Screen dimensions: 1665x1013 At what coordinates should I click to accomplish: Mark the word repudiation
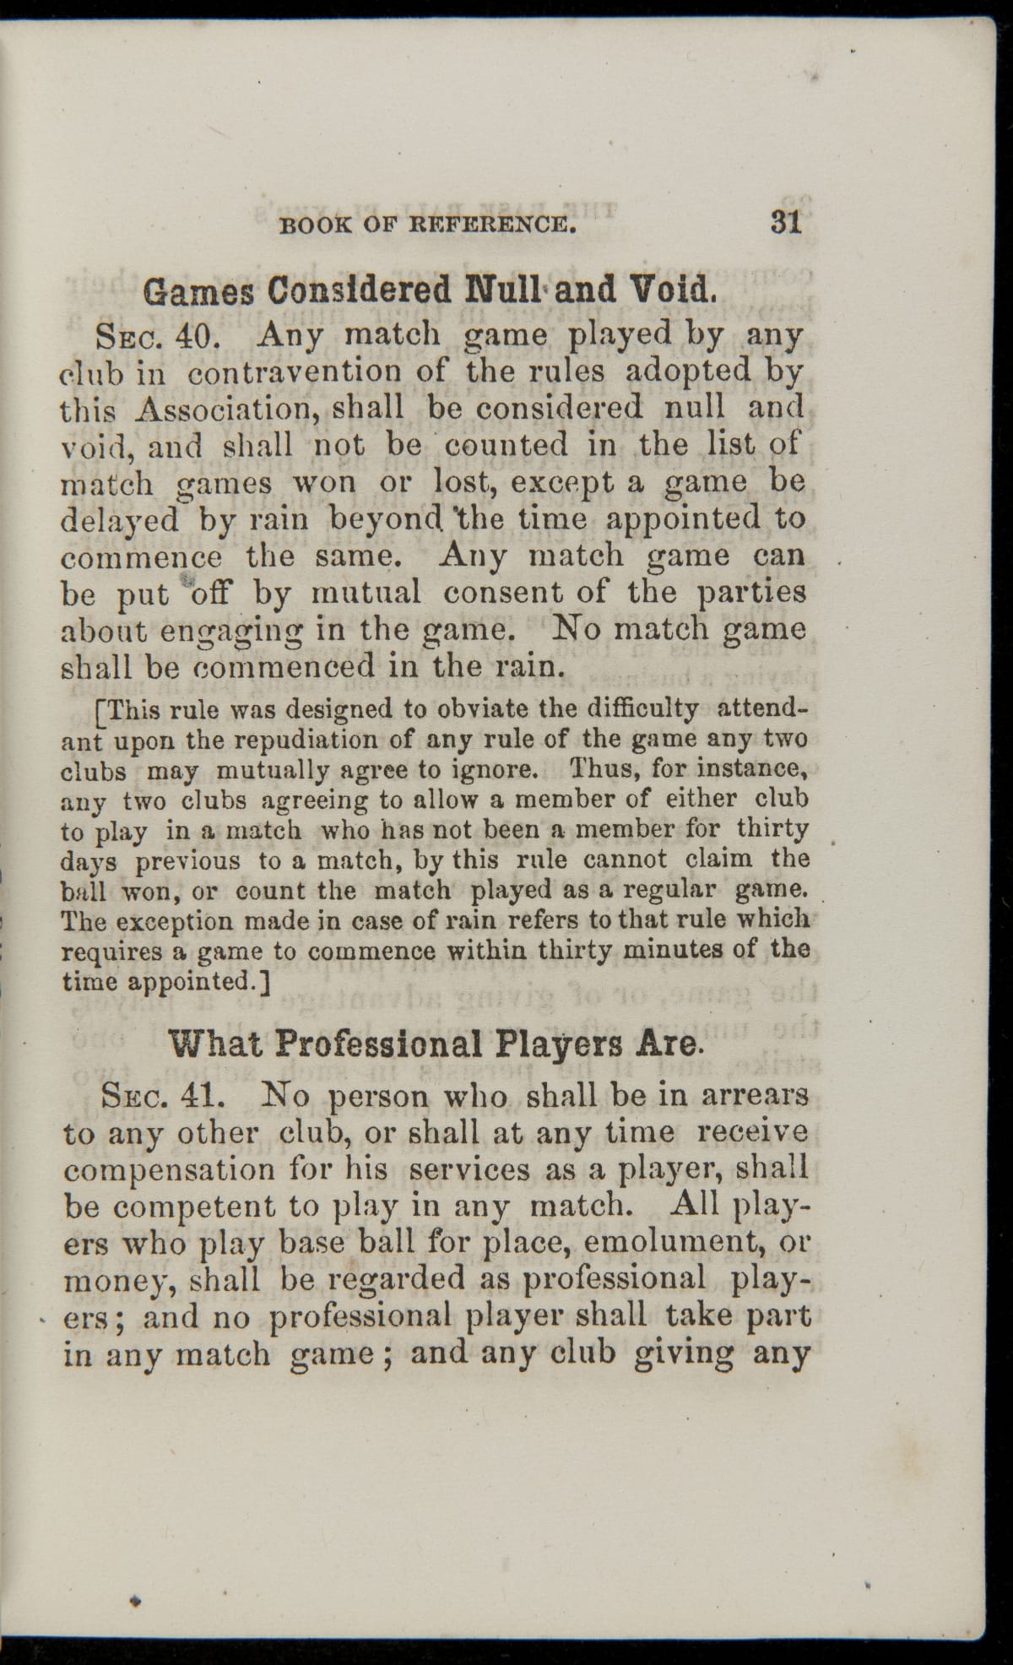(306, 740)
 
